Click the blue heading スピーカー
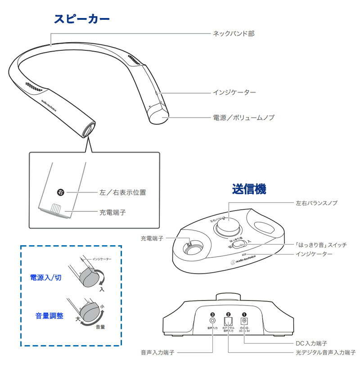point(81,19)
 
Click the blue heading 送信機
point(249,189)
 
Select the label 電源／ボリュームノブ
point(243,117)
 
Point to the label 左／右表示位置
point(122,193)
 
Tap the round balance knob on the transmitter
point(228,225)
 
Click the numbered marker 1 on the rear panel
point(244,315)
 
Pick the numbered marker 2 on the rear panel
point(228,315)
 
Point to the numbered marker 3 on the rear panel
point(212,315)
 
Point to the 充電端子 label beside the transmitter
point(151,237)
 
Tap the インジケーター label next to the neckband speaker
point(234,93)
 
